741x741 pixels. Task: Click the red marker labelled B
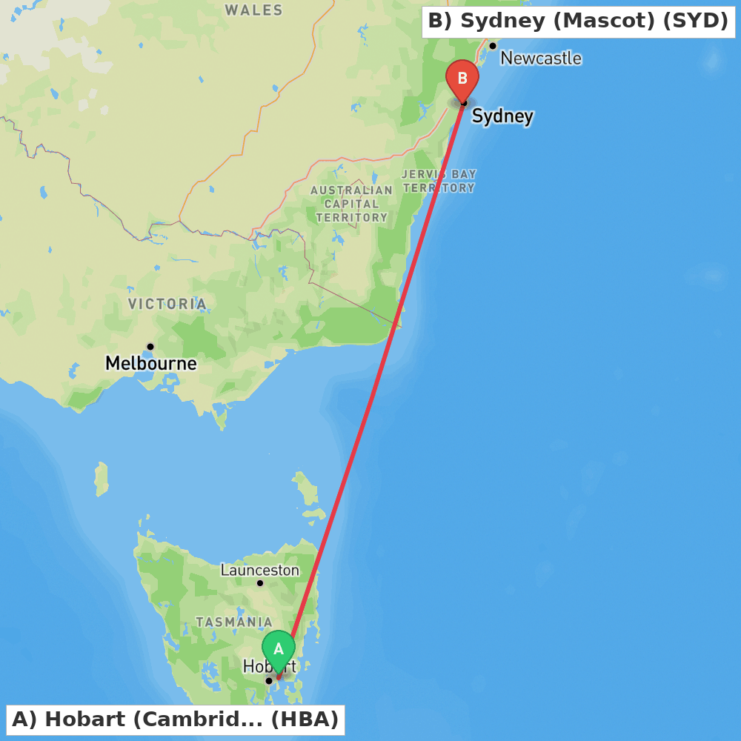click(x=462, y=79)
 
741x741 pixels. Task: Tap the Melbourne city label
click(x=151, y=364)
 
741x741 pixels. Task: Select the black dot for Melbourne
click(x=150, y=346)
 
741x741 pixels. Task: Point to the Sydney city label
click(x=502, y=116)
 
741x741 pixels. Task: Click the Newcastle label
click(x=541, y=59)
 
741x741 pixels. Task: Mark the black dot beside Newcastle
click(x=493, y=46)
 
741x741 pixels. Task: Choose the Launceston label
click(x=260, y=571)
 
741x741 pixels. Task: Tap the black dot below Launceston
click(x=260, y=583)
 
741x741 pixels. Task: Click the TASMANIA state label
click(x=234, y=622)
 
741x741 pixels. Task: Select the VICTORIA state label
click(x=167, y=305)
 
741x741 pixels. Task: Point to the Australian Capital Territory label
click(x=351, y=204)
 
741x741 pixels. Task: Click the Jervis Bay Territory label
click(x=439, y=182)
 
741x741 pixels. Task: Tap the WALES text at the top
click(x=254, y=10)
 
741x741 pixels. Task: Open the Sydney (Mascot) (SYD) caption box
click(x=578, y=21)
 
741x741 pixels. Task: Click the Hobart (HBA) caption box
click(x=176, y=720)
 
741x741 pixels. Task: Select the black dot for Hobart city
click(x=269, y=680)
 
